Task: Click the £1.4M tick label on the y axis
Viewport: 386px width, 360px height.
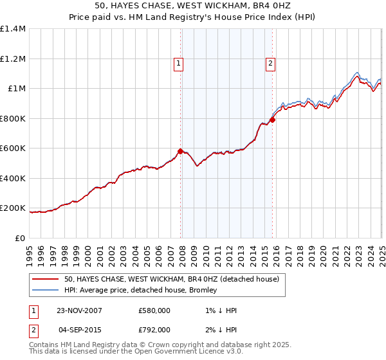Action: pyautogui.click(x=13, y=29)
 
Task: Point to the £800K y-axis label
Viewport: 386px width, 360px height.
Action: pyautogui.click(x=13, y=118)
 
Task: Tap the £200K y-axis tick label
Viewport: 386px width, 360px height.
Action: pyautogui.click(x=13, y=208)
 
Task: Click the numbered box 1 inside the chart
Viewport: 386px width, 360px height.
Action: pyautogui.click(x=178, y=63)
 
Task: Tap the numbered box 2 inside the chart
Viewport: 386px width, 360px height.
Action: pyautogui.click(x=271, y=63)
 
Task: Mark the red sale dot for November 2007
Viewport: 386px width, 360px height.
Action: pyautogui.click(x=180, y=152)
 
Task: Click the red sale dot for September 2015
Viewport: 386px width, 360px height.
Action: pyautogui.click(x=273, y=120)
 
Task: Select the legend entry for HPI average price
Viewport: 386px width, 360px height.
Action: pyautogui.click(x=140, y=290)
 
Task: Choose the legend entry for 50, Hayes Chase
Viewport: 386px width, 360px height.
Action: pyautogui.click(x=171, y=279)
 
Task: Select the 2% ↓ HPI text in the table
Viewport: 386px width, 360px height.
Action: pyautogui.click(x=221, y=331)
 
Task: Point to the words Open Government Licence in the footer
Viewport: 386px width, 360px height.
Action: pyautogui.click(x=187, y=352)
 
